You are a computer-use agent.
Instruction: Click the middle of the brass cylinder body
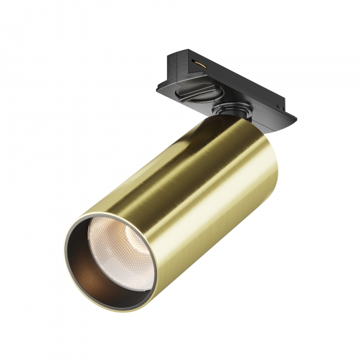(x=180, y=193)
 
